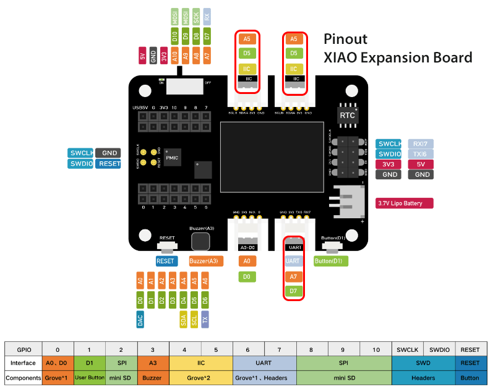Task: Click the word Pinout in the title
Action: (346, 39)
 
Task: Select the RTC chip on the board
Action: (347, 115)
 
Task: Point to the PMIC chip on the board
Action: (172, 158)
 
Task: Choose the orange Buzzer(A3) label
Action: (206, 261)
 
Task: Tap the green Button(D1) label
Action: (331, 261)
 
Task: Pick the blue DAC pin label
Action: (140, 319)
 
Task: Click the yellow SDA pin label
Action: (184, 319)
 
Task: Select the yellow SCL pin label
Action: (194, 319)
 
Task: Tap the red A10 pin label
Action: (175, 56)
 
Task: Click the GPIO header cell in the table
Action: (24, 349)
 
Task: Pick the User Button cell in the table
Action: (89, 377)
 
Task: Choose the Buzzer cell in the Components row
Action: (152, 377)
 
